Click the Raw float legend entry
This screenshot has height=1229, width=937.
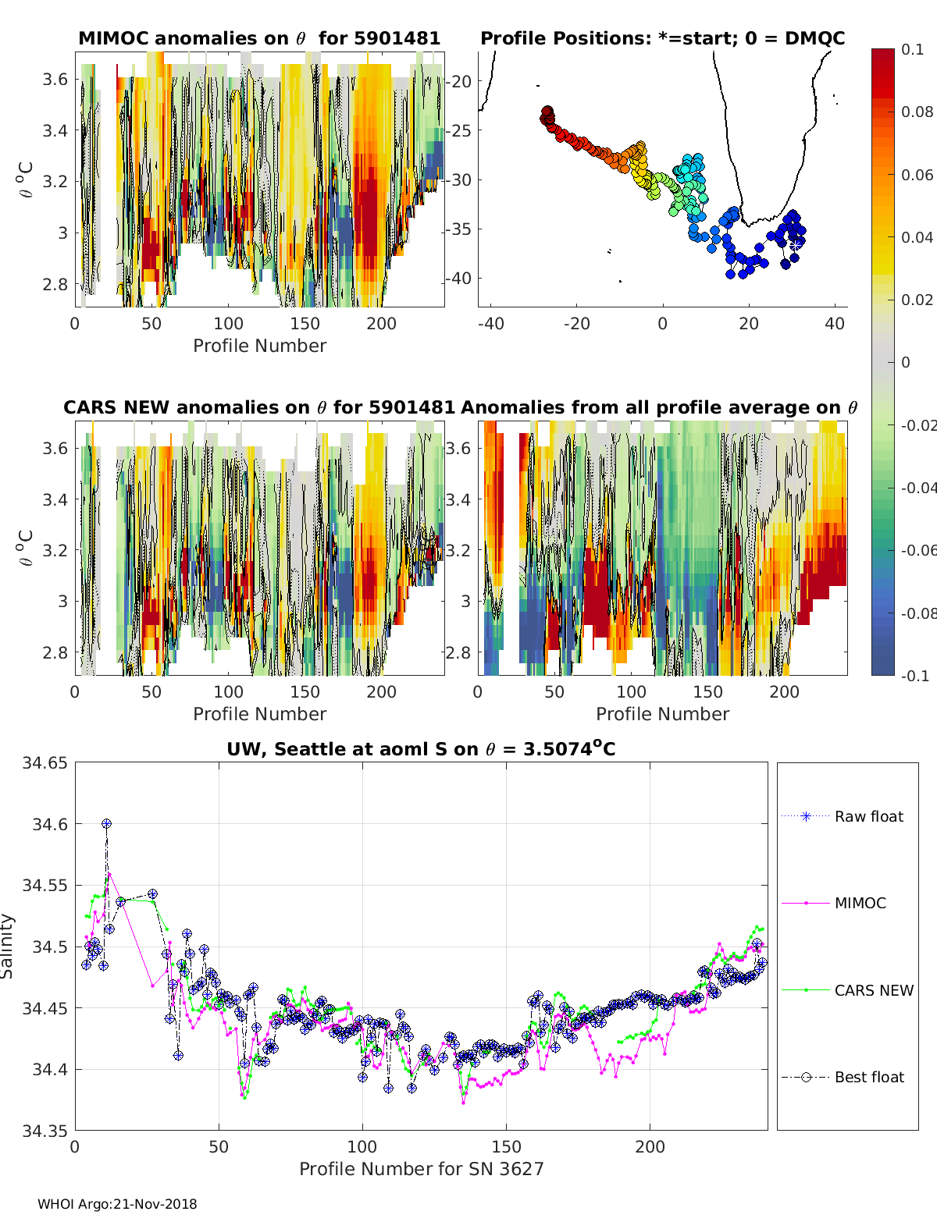click(843, 816)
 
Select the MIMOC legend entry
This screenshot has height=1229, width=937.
click(834, 903)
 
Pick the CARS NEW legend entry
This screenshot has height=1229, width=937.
click(847, 990)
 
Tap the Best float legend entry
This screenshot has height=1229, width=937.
click(843, 1078)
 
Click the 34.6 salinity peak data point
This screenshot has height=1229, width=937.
click(106, 824)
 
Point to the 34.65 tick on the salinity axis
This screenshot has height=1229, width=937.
click(45, 763)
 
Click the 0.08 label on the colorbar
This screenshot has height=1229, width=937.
click(917, 112)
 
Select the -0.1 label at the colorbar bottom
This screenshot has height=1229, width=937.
click(915, 676)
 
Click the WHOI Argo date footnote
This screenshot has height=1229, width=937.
click(117, 1204)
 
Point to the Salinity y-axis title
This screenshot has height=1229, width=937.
click(7, 947)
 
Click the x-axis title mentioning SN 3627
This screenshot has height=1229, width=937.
click(421, 1169)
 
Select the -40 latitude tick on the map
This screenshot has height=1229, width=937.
click(458, 279)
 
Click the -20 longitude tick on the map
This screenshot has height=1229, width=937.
click(577, 324)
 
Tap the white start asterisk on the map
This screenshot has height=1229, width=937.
click(796, 245)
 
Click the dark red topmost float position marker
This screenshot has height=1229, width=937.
click(547, 112)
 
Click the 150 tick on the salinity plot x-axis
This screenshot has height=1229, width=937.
click(506, 1146)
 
